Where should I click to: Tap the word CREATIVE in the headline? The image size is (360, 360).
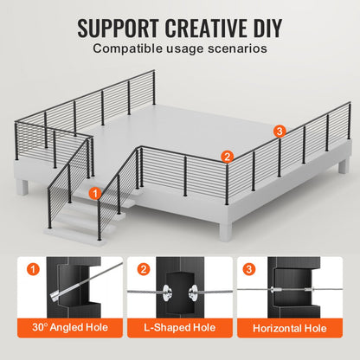coord(207,26)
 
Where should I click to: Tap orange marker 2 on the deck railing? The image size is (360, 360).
coord(227,157)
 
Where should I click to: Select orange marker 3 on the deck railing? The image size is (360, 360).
coord(279,132)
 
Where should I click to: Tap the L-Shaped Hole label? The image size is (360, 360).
coord(179,329)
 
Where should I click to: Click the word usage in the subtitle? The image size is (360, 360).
coord(186,48)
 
